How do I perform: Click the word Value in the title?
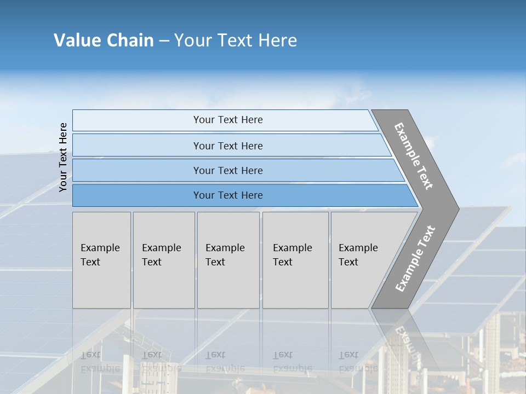[77, 40]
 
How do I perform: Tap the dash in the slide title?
[164, 41]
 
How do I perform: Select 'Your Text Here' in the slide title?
[236, 40]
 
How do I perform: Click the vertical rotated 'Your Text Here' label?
[63, 157]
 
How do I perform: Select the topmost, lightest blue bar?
[227, 120]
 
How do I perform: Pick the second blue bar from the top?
[227, 146]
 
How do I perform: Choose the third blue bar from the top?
[227, 171]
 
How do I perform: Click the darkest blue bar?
[227, 195]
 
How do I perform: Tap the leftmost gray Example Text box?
[101, 260]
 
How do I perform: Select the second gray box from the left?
[163, 260]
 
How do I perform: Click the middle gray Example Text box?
[228, 260]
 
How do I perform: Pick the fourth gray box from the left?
[295, 260]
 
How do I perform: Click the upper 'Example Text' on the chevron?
[414, 156]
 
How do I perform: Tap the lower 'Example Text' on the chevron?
[415, 259]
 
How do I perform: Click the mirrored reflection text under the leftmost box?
[99, 361]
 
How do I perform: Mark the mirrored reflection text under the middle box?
[225, 361]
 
